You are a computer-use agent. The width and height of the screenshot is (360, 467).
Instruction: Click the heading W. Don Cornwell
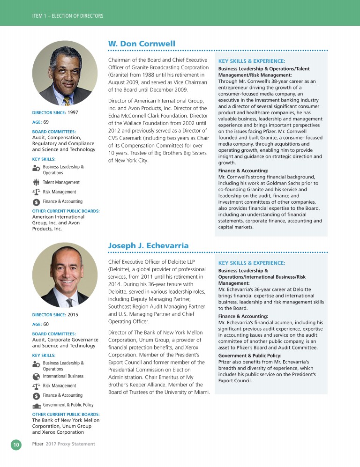coord(142,44)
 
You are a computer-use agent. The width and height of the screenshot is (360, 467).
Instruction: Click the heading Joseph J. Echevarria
coord(148,246)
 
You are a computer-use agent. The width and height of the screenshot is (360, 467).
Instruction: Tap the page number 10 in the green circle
coord(16,444)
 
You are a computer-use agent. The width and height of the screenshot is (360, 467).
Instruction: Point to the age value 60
coord(45,324)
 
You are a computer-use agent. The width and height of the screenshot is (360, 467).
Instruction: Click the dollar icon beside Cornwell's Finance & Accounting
coord(36,202)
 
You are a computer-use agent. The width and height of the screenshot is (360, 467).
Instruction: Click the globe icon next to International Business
coord(36,377)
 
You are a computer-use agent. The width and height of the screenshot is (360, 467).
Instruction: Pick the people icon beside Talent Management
coord(36,183)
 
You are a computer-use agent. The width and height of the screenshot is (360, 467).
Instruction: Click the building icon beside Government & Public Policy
coord(36,405)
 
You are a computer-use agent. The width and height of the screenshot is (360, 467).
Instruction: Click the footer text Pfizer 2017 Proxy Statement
coord(63,444)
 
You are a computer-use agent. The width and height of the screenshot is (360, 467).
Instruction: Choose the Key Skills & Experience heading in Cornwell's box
coord(252,61)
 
